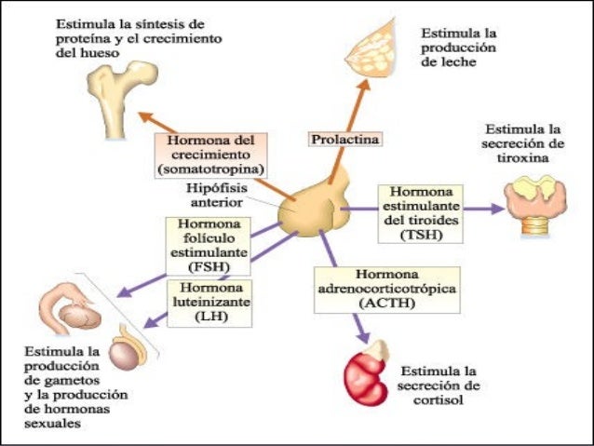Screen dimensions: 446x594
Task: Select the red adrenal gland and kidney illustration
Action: pyautogui.click(x=364, y=372)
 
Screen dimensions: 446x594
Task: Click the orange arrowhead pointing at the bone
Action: pyautogui.click(x=145, y=116)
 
